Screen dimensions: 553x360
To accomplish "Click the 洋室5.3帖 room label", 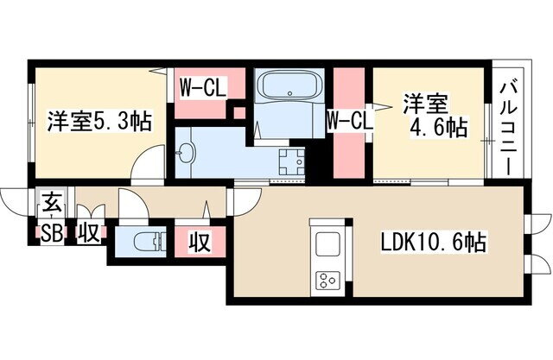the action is point(99,121).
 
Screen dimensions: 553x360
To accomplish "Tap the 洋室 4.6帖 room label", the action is point(435,116).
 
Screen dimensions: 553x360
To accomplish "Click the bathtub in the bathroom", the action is point(289,85).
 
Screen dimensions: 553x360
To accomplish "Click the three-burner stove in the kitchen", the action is point(328,281).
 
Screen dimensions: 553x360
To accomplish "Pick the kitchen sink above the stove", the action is point(327,243).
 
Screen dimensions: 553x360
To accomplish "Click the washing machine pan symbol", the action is point(292,161).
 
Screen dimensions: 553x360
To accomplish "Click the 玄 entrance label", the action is point(52,204).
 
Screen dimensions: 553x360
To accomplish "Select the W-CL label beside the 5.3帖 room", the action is point(202,88).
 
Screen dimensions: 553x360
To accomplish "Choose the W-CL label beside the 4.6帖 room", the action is point(349,121).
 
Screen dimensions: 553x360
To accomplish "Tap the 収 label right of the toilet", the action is point(200,242).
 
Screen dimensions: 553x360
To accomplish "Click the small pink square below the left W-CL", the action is point(239,113).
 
